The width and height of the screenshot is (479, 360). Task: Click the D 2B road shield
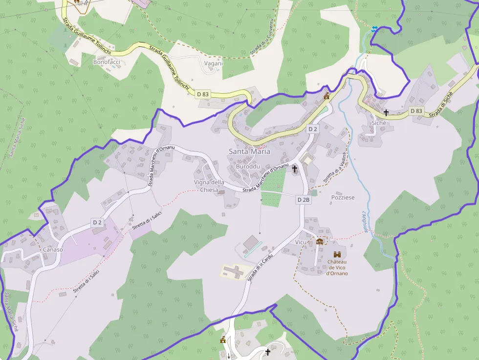(x=303, y=200)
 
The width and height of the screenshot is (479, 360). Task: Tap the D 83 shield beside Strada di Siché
(x=416, y=111)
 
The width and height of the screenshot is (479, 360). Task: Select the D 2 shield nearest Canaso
(x=98, y=223)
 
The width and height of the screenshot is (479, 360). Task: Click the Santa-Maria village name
(x=249, y=151)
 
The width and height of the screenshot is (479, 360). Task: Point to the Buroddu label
(x=248, y=167)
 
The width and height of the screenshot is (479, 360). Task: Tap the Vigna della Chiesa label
(x=209, y=186)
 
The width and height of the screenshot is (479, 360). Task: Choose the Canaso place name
(x=53, y=250)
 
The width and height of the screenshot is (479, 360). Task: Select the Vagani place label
(x=213, y=63)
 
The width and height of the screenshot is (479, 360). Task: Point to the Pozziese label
(x=343, y=198)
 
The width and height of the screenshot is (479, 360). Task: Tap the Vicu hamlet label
(x=301, y=243)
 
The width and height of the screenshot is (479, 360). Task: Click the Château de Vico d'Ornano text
(x=337, y=268)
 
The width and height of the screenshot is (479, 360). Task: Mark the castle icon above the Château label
(x=337, y=254)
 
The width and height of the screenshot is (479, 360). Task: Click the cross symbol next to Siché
(x=386, y=113)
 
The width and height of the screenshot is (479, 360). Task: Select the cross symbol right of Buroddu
(x=295, y=169)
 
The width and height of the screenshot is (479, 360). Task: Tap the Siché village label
(x=379, y=123)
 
